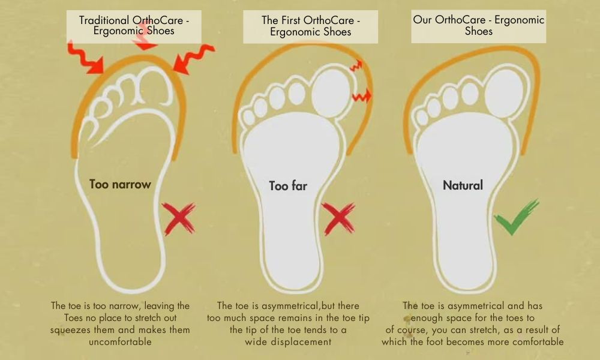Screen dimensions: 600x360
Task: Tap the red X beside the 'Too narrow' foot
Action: [x=179, y=218]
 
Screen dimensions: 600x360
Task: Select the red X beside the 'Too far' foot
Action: [x=338, y=218]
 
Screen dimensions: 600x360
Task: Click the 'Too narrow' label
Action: [x=120, y=184]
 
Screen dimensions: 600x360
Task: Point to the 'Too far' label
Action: [x=288, y=186]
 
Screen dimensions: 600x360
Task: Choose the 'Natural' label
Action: [x=463, y=185]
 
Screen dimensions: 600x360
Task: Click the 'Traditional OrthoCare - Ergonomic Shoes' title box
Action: [x=134, y=26]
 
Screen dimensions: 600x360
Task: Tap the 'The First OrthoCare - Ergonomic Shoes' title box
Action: [x=310, y=26]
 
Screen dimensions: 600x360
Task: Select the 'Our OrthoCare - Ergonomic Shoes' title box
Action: [x=478, y=26]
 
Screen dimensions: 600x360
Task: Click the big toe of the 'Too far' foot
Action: [x=331, y=93]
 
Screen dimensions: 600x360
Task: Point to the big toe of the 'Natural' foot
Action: [x=506, y=93]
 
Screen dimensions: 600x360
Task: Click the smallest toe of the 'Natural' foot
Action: [x=422, y=118]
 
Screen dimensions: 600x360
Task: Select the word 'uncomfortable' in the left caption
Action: [x=120, y=341]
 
